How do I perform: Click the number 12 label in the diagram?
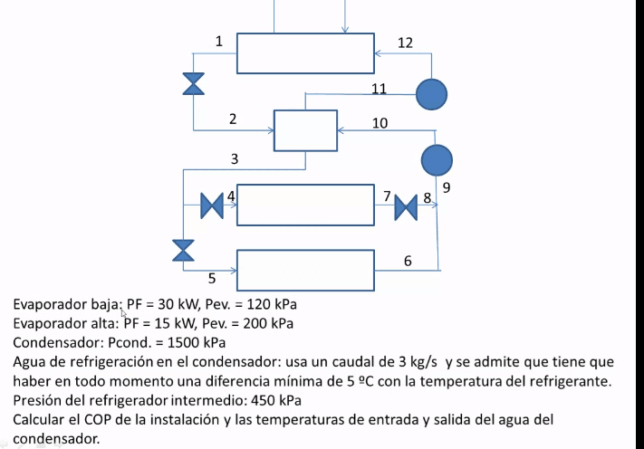[x=405, y=43]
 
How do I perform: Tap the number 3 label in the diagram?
[x=235, y=159]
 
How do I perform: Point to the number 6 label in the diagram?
[x=408, y=261]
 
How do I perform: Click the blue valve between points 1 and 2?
[x=193, y=83]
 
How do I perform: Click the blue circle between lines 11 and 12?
[x=431, y=92]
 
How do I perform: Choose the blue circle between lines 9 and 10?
[x=437, y=160]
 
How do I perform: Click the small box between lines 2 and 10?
[x=305, y=130]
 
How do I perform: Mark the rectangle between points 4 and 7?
[x=305, y=204]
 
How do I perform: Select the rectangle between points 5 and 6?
[x=305, y=269]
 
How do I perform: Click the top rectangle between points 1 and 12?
[x=305, y=53]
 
